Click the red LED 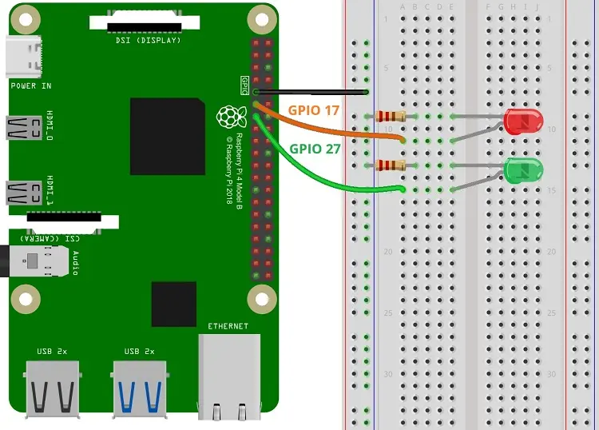point(523,121)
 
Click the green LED point(523,169)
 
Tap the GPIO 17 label point(314,109)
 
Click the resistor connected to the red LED point(390,117)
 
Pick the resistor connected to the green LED point(390,165)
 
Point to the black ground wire point(319,92)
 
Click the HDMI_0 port point(24,127)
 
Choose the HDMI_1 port point(24,192)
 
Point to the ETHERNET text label point(228,326)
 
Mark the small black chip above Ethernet point(173,304)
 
